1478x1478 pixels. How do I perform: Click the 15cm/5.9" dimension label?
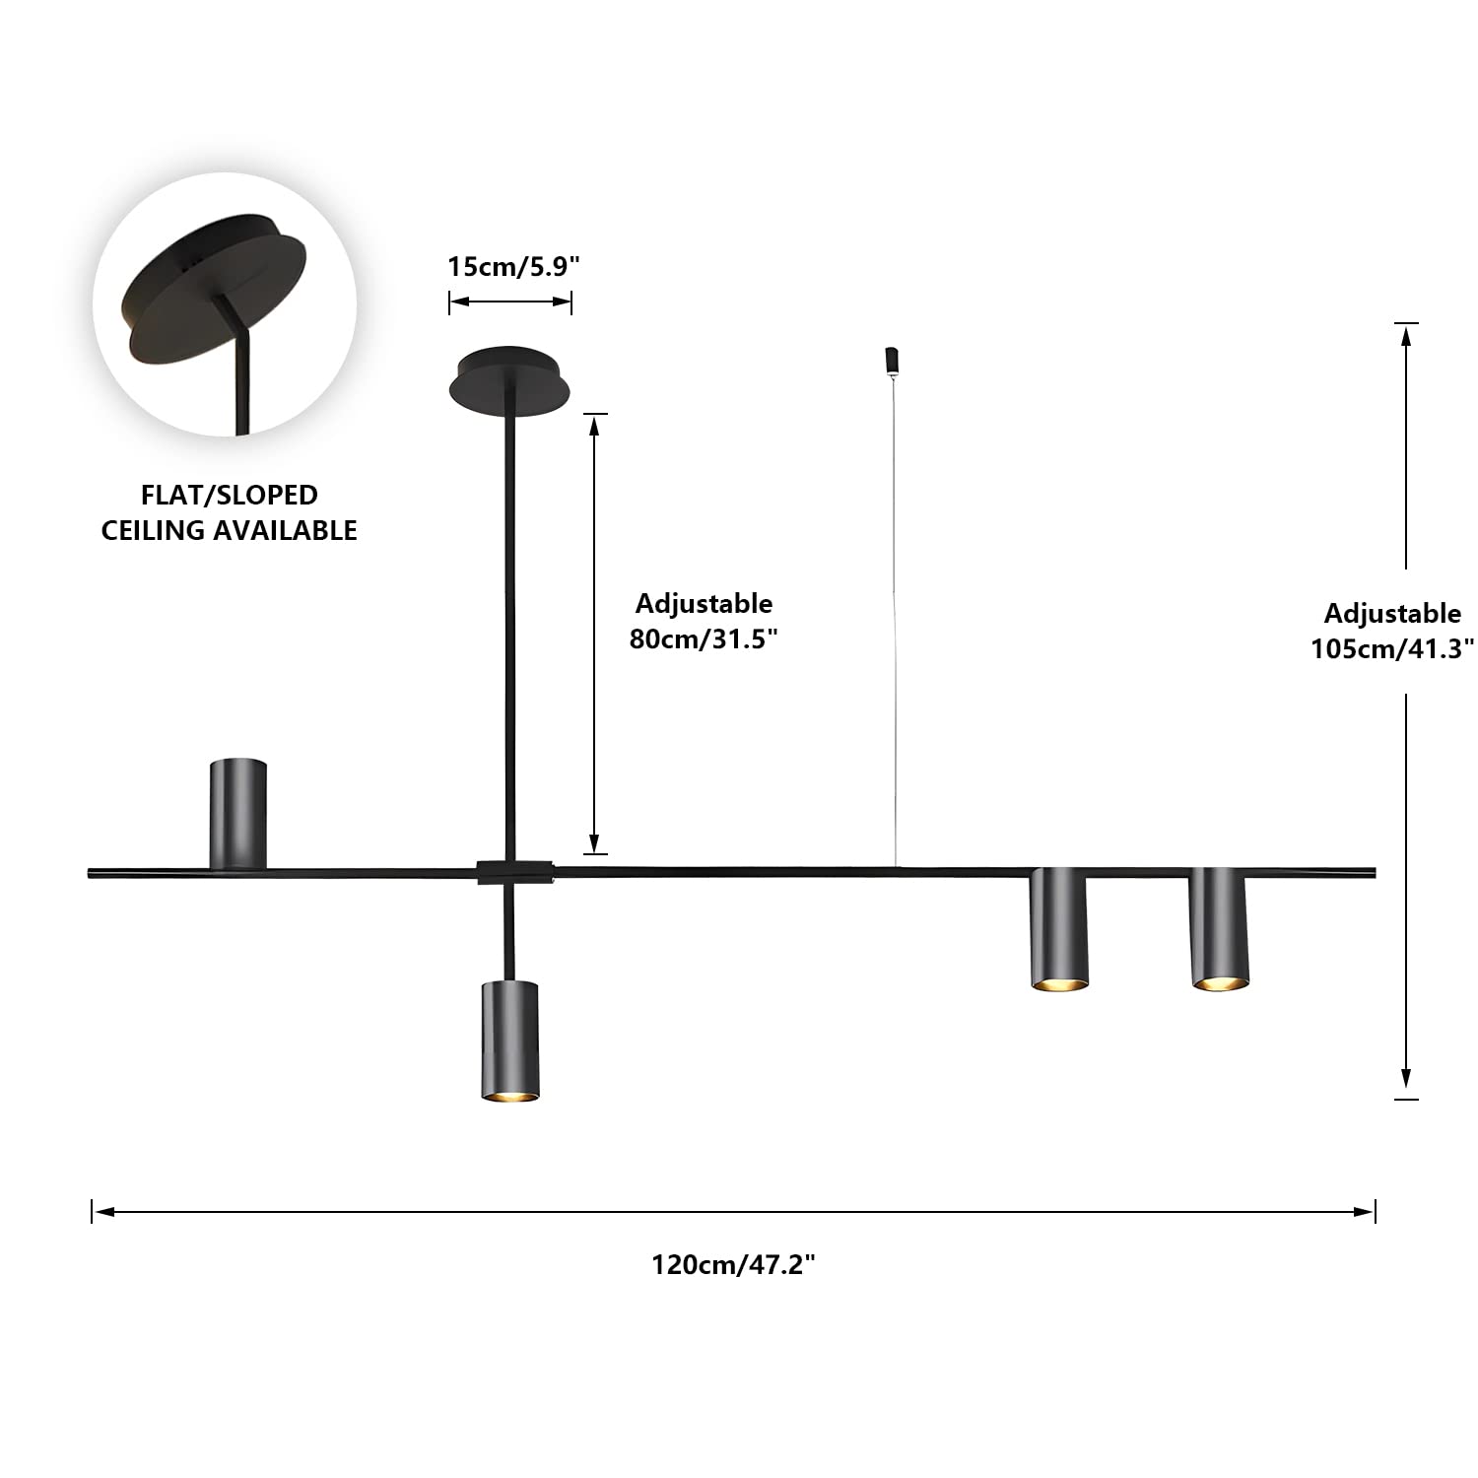tap(513, 266)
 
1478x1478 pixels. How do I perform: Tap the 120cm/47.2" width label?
tap(733, 1264)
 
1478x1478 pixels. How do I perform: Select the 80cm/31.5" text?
tap(704, 638)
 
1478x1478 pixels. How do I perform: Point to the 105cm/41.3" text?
tap(1391, 648)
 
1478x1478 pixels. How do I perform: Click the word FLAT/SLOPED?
tap(229, 495)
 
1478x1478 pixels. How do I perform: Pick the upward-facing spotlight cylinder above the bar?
tap(237, 813)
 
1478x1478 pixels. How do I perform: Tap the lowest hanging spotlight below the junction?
tap(509, 1041)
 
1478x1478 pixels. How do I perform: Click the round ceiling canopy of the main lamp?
tap(509, 381)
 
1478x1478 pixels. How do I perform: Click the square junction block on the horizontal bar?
tap(513, 871)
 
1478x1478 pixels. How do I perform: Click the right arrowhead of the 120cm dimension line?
tap(1367, 1211)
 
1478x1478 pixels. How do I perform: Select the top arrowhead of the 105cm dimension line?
tap(1406, 333)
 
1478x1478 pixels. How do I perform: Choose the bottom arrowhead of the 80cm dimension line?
tap(593, 844)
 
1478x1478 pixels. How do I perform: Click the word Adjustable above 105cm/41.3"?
tap(1391, 613)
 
